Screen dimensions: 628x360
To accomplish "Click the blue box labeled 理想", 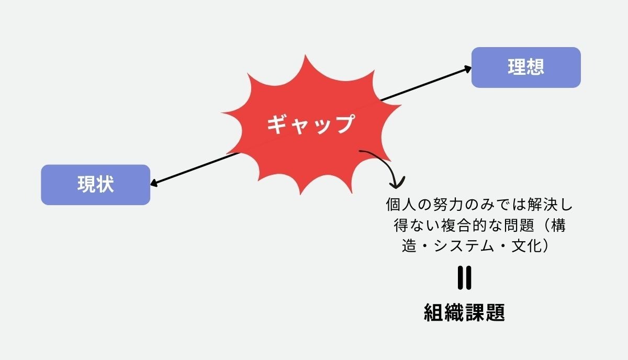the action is pos(526,67).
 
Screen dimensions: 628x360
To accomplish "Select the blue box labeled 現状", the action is pos(96,184).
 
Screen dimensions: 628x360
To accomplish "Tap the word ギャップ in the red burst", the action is pos(310,125).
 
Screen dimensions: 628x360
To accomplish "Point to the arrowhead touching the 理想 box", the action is pos(467,69).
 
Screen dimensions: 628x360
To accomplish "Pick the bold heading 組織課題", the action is pos(464,313).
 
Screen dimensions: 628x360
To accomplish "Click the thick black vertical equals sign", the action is pos(464,278).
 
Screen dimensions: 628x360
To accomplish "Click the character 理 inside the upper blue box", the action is pos(516,67).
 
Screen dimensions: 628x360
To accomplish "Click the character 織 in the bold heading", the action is pos(454,313).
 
